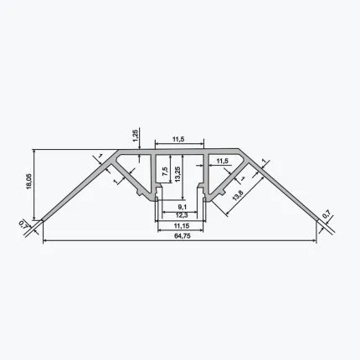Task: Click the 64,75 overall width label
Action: [183, 236]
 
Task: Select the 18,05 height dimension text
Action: [29, 182]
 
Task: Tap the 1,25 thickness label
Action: [136, 136]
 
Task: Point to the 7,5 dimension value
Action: [165, 171]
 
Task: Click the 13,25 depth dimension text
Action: [178, 174]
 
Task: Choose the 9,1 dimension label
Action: [182, 207]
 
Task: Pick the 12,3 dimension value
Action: [182, 215]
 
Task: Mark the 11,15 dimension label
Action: [182, 225]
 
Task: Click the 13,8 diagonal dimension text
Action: [238, 195]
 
